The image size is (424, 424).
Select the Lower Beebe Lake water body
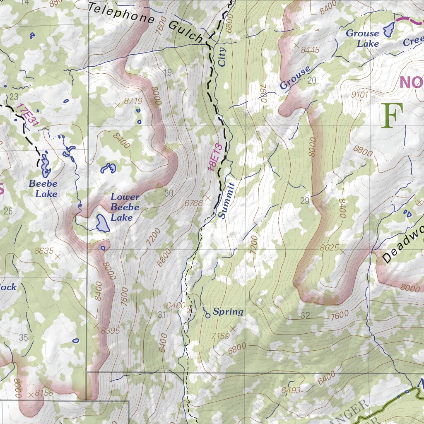(102, 223)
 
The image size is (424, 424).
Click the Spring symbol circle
(207, 316)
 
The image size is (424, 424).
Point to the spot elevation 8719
(133, 101)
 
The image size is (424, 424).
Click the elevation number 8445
(311, 50)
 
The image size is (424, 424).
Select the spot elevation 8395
(110, 330)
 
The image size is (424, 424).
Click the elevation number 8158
(44, 393)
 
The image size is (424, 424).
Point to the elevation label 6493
(291, 390)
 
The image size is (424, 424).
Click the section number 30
(169, 193)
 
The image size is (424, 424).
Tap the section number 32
(306, 316)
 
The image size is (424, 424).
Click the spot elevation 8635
(44, 251)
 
